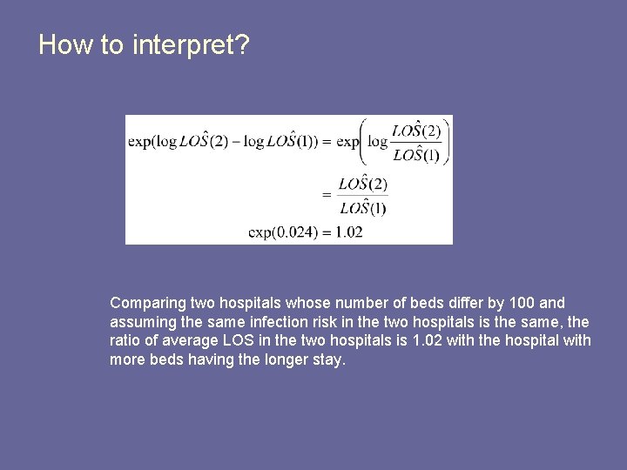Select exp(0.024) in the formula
click(x=279, y=232)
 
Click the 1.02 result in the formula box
click(x=347, y=232)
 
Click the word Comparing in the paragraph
click(x=148, y=303)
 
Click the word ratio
click(x=125, y=340)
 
